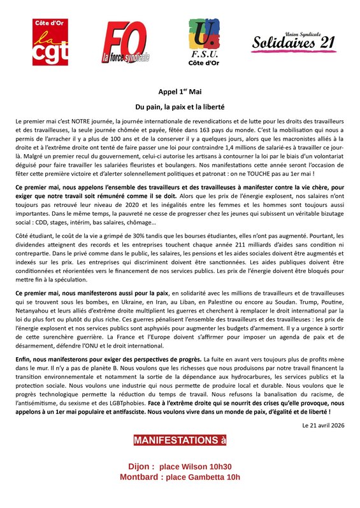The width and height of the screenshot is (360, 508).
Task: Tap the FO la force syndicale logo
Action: (126, 43)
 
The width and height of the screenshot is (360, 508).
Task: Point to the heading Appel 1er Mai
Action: (180, 92)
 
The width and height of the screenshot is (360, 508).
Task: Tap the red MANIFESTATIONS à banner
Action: (180, 441)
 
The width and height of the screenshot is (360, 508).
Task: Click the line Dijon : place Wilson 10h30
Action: (180, 467)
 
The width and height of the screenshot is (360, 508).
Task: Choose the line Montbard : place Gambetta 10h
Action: (180, 477)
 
